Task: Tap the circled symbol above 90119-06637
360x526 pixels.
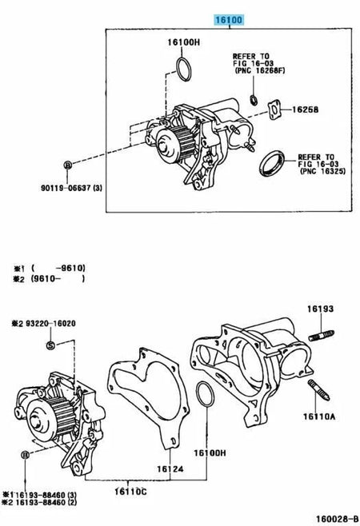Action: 68,164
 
